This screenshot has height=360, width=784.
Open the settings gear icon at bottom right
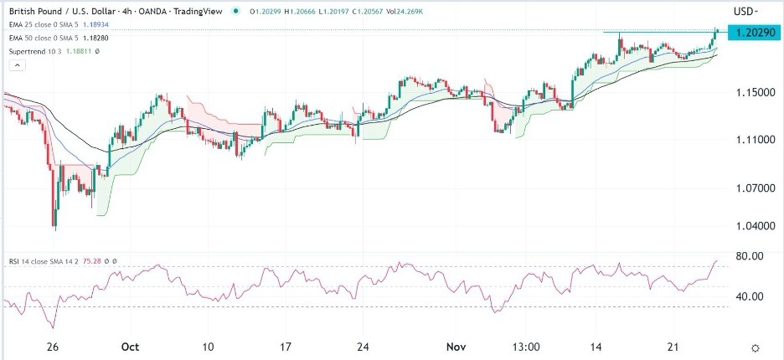(756, 347)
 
